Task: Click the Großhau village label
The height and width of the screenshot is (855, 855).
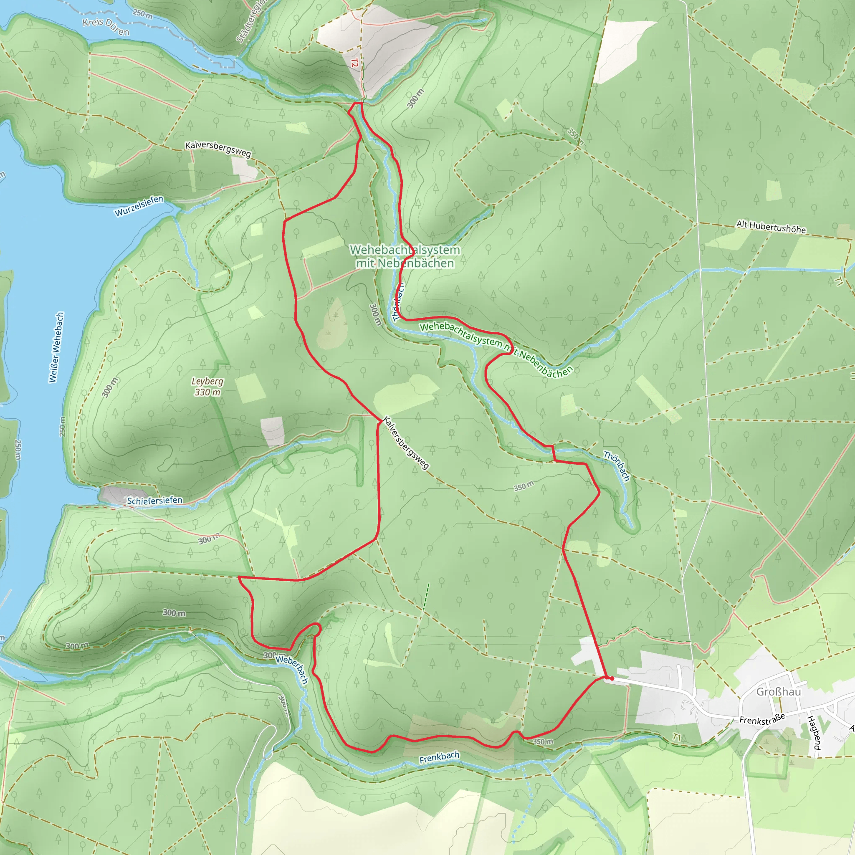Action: coord(779,691)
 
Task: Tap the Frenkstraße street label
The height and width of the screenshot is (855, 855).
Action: coord(762,719)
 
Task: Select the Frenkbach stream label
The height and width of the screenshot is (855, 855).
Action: coord(439,757)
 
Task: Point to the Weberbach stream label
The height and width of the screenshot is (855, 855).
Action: coord(292,669)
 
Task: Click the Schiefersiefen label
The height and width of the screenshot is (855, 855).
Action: coord(154,501)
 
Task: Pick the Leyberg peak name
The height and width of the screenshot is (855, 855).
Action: coord(207,381)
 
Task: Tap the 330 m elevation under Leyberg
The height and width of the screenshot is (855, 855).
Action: coord(207,392)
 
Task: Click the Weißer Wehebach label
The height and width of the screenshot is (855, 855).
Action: coord(56,347)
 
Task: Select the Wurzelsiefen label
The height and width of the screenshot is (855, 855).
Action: coord(139,206)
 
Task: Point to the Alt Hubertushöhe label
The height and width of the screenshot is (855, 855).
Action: coord(771,227)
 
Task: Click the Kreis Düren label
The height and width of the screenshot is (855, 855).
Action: coord(106,27)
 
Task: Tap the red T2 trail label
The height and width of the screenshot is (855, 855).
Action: coord(354,63)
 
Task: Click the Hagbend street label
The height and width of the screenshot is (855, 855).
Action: coord(814,733)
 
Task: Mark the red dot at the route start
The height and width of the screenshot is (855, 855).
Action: coord(612,678)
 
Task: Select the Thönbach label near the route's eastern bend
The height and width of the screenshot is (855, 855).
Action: coord(617,466)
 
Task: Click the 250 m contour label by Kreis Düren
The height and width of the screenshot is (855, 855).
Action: coord(142,14)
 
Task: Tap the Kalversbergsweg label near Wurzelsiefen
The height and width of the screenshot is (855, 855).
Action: coord(218,149)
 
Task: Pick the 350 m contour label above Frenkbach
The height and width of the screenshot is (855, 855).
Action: coord(543,741)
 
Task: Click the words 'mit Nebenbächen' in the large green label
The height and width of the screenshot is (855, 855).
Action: coord(405,263)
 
